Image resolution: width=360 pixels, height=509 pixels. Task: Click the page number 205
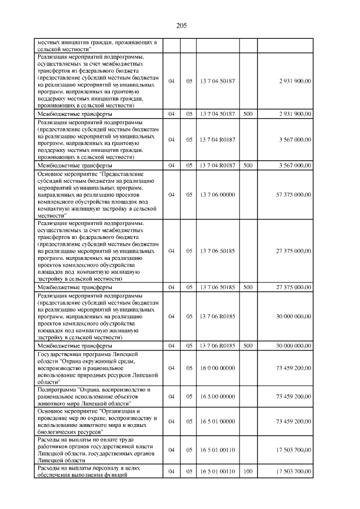pos(181,26)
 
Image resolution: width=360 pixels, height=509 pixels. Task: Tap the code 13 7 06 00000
pos(217,195)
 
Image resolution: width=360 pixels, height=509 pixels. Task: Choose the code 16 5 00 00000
pos(217,397)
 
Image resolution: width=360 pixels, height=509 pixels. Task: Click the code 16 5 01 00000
pos(217,421)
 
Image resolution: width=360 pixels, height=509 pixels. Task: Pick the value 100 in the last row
pos(247,471)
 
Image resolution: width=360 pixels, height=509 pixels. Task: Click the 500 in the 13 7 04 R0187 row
pos(247,165)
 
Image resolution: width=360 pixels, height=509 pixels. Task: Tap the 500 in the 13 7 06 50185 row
pos(247,287)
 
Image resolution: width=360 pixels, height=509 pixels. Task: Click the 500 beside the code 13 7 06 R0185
pos(247,345)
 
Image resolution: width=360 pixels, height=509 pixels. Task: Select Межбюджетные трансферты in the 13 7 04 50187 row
pos(74,114)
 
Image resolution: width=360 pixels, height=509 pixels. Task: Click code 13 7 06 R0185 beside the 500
pos(217,345)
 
